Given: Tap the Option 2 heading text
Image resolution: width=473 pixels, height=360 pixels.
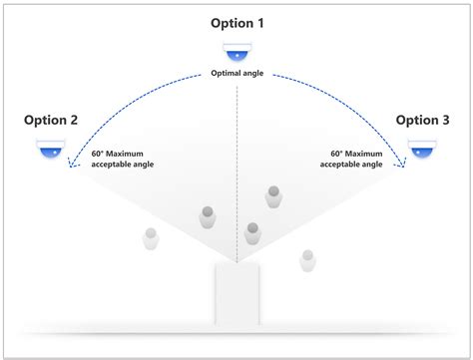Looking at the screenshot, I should click(51, 121).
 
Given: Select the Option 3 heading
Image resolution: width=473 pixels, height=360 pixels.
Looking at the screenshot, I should click(423, 121).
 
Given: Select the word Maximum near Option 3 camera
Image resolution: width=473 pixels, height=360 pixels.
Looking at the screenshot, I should click(362, 155).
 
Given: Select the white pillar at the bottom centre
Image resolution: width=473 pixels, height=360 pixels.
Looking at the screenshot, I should click(237, 294).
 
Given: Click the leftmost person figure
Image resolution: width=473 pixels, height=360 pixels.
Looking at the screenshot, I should click(151, 239).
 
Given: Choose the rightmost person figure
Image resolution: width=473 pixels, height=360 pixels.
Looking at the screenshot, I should click(308, 260).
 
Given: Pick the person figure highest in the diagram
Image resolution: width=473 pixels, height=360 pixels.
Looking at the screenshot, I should click(272, 195).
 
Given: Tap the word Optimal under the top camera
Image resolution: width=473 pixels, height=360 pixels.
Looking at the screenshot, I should click(227, 74).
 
